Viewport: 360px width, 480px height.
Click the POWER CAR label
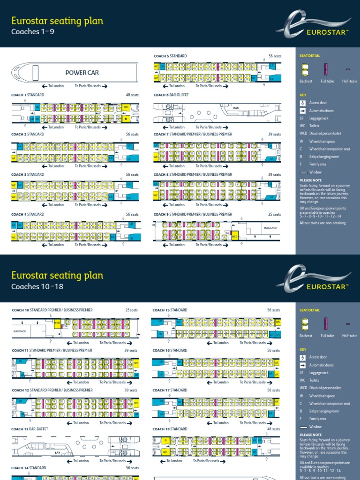pyautogui.click(x=82, y=73)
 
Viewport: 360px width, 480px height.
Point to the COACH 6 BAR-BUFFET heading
pyautogui.click(x=172, y=95)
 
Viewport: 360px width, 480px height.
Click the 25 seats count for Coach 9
pyautogui.click(x=274, y=214)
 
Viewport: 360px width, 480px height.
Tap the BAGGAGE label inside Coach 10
pyautogui.click(x=20, y=330)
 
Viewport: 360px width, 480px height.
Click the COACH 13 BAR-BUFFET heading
pyautogui.click(x=30, y=429)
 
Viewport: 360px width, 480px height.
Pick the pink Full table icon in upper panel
pyautogui.click(x=326, y=69)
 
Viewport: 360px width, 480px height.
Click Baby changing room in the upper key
pyautogui.click(x=324, y=157)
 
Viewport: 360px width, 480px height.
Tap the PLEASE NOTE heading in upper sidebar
pyautogui.click(x=310, y=180)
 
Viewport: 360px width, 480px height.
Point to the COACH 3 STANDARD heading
pyautogui.click(x=28, y=174)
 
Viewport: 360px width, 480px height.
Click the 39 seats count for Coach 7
pyautogui.click(x=274, y=135)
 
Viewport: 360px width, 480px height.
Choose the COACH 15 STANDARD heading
pyautogui.click(x=170, y=310)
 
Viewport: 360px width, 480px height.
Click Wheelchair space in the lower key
pyautogui.click(x=322, y=396)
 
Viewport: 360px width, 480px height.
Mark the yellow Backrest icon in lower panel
pyautogui.click(x=306, y=323)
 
